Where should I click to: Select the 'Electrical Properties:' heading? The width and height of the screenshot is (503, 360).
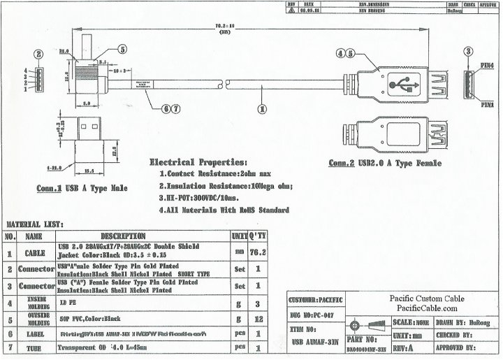(198, 161)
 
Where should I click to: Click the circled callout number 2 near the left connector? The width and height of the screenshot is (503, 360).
(39, 54)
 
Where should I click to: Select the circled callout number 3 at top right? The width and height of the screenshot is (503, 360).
(469, 50)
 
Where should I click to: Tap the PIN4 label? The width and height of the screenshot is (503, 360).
(486, 65)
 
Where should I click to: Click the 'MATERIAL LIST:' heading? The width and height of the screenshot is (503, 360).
(35, 224)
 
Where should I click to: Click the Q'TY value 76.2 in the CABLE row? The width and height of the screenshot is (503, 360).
(258, 251)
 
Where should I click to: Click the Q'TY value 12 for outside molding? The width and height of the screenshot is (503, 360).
(258, 319)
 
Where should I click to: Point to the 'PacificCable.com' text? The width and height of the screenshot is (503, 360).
(423, 308)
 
